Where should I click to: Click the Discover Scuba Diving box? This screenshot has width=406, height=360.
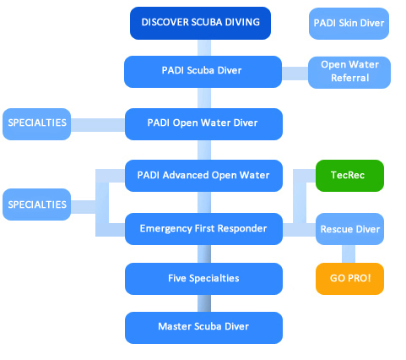point(200,23)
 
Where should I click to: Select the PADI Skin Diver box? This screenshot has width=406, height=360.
point(349,24)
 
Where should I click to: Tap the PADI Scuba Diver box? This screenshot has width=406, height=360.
point(203,72)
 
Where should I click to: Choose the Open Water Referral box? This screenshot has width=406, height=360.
point(349,73)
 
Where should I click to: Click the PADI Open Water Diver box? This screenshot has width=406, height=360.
point(203,124)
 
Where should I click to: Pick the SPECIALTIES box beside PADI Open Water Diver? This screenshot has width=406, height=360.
point(37,124)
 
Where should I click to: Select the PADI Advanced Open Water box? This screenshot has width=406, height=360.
point(203,176)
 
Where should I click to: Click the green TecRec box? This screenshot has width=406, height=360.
point(349,176)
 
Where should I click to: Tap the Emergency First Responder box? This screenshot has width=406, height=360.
point(203,229)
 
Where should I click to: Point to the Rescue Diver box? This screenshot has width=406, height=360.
point(349,229)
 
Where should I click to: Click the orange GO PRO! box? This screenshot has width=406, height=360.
point(349,279)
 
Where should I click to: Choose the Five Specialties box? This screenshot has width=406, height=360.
point(203,279)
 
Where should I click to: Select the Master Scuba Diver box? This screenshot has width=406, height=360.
point(203,328)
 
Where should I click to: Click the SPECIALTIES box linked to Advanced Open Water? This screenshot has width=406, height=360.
point(37,205)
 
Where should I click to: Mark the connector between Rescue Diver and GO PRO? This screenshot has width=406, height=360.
point(349,254)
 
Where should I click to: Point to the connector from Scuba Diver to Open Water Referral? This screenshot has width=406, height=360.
point(295,74)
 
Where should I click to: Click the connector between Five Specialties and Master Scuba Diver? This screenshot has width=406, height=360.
point(204,303)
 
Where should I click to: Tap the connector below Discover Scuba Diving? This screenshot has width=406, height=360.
point(204,48)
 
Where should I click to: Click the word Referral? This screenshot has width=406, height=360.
point(349,78)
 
